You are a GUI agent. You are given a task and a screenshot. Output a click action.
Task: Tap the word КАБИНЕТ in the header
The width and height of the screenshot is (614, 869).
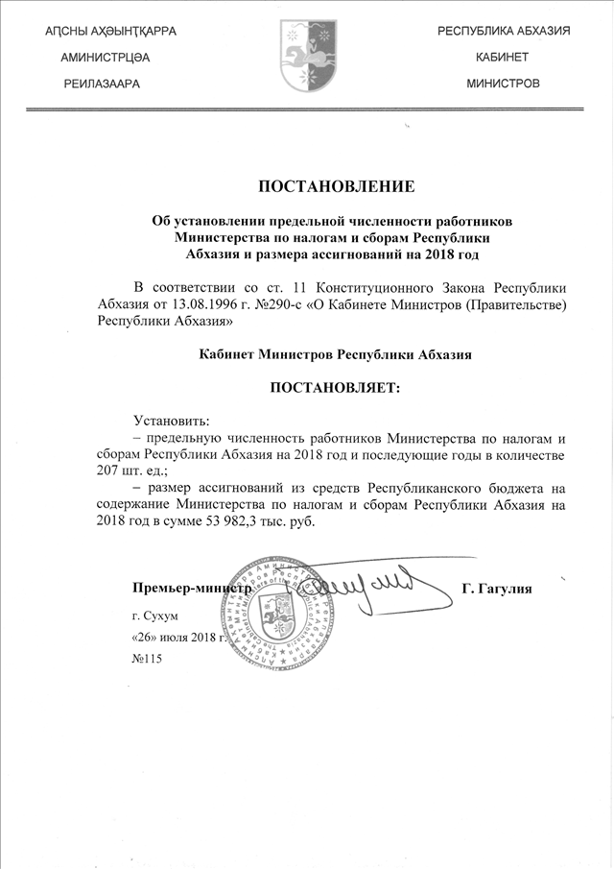click(x=503, y=58)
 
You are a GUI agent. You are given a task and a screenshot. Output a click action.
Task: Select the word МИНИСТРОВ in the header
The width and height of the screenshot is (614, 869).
click(x=503, y=84)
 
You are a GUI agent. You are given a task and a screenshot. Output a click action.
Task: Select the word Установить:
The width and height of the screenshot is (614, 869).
click(x=172, y=419)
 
